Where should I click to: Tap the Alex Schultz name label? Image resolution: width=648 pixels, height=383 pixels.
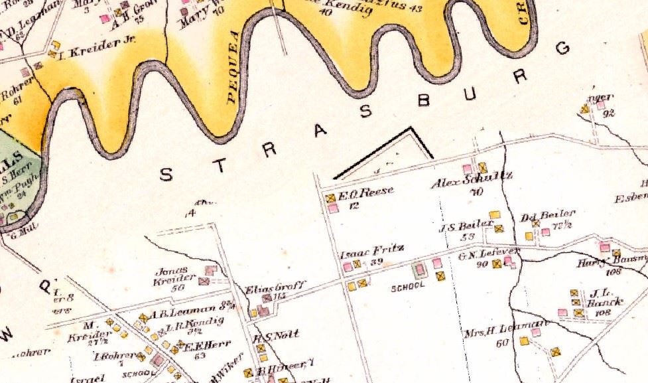pyautogui.click(x=462, y=183)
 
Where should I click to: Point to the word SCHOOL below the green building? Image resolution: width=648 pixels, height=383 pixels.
pyautogui.click(x=407, y=289)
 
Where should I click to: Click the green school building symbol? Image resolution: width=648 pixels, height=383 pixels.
pyautogui.click(x=419, y=271)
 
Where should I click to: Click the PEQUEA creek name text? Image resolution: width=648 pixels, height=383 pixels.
pyautogui.click(x=231, y=80)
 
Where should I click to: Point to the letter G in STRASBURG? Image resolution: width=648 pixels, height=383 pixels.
pyautogui.click(x=564, y=48)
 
